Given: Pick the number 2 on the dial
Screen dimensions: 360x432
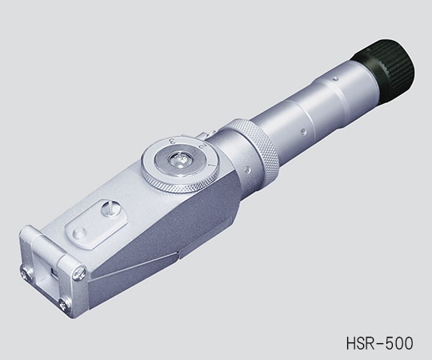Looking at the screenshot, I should (x=208, y=148).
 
